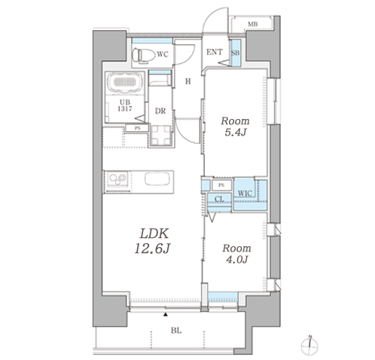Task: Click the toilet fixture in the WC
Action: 144,54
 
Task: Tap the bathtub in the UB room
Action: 124,82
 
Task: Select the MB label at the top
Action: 252,24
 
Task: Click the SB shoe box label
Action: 236,53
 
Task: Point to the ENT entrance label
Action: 215,52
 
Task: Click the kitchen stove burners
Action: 117,178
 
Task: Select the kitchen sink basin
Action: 157,179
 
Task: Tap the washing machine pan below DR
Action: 161,136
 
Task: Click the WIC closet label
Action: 245,194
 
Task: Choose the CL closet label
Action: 219,199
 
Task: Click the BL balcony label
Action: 176,331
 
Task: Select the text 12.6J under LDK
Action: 152,249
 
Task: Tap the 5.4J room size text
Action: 235,133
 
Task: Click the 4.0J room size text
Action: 236,259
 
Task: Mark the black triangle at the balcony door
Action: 166,314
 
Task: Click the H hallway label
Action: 188,81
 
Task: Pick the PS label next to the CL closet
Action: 221,185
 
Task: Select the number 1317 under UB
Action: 125,108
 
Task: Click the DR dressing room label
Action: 160,111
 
